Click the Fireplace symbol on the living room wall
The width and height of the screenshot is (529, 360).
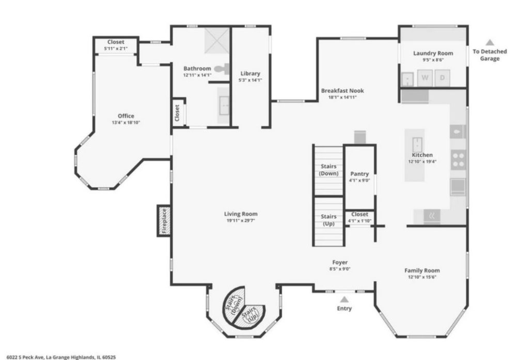pyautogui.click(x=164, y=221)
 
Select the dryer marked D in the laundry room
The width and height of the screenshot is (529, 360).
pyautogui.click(x=442, y=78)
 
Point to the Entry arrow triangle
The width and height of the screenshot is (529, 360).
pyautogui.click(x=344, y=299)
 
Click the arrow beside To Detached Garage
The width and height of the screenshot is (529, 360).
pyautogui.click(x=490, y=43)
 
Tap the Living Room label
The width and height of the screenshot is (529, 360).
pyautogui.click(x=241, y=214)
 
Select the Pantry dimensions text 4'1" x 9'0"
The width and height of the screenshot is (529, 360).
pyautogui.click(x=360, y=180)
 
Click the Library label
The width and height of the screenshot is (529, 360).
pyautogui.click(x=251, y=73)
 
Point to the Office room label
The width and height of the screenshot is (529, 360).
pyautogui.click(x=126, y=116)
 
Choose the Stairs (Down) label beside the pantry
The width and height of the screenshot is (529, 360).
pyautogui.click(x=329, y=170)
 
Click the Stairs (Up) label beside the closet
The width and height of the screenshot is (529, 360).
pyautogui.click(x=329, y=220)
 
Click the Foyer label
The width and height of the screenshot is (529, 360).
pyautogui.click(x=340, y=262)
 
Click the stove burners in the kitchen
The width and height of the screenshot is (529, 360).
pyautogui.click(x=458, y=159)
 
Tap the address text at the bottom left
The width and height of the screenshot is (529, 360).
pyautogui.click(x=58, y=356)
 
